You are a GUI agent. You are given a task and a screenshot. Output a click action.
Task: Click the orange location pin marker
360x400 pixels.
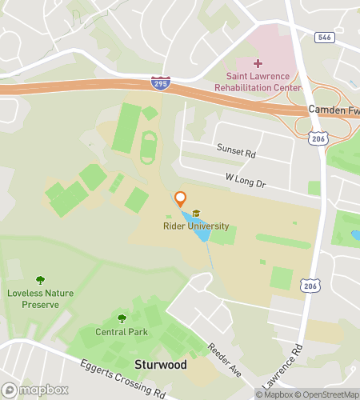coord(180,198)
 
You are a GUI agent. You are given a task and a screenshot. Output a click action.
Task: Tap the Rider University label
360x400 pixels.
coord(197,226)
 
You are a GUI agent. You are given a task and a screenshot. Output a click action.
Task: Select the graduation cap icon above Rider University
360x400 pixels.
coord(196,214)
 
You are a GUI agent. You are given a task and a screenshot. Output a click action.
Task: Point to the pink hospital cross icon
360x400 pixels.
coord(258,63)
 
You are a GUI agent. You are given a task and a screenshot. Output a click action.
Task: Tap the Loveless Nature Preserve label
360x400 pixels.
coord(40,298)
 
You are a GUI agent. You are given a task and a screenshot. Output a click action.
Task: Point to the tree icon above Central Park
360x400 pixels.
coord(122,318)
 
